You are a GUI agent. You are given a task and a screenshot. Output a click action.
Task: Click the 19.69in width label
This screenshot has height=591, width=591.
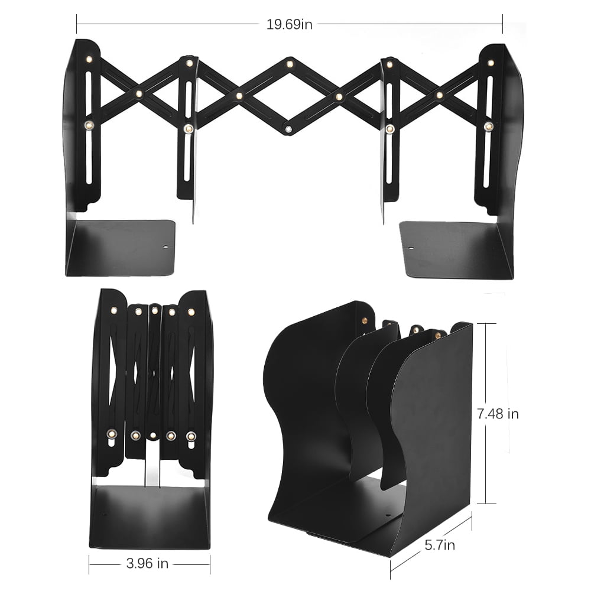pos(289,24)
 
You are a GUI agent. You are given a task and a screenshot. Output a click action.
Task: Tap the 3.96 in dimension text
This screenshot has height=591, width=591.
pos(147,563)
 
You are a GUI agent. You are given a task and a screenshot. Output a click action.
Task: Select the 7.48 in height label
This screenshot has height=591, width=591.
pos(498,414)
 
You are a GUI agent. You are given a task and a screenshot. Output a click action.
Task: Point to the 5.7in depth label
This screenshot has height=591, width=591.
pos(440,544)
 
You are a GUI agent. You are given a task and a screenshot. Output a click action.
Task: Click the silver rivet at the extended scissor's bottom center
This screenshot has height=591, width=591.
pos(288,129)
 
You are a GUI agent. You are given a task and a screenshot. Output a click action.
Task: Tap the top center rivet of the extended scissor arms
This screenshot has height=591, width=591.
pos(290,63)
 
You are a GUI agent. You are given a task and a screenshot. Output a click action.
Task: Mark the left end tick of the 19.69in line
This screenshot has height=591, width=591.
pos(77,24)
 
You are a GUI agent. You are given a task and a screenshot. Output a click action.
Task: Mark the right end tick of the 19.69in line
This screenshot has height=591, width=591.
pos(502,24)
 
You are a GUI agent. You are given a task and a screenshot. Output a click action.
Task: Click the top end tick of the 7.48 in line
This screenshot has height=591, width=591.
pos(486,323)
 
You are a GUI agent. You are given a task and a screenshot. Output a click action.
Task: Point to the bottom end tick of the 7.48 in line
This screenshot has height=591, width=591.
pos(486,504)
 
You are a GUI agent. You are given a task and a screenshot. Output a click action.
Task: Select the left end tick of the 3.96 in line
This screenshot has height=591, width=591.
pos(89,564)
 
